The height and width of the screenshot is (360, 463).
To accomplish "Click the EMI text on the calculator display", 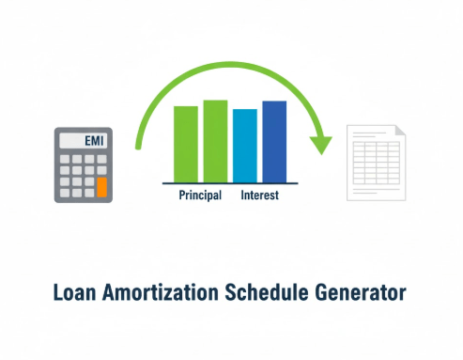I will [94, 141].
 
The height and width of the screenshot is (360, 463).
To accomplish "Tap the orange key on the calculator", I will [101, 186].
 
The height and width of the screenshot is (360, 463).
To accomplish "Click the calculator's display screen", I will [83, 141].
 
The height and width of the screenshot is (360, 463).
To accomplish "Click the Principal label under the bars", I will [199, 196].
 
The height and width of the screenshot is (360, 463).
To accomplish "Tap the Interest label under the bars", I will [259, 196].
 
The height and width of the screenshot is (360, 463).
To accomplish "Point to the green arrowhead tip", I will [322, 152].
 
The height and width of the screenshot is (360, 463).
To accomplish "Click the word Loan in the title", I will [78, 292].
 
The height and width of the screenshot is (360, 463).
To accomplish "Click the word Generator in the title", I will [362, 292].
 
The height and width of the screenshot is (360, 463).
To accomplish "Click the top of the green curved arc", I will [230, 64].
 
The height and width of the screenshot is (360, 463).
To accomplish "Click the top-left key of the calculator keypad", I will [65, 160].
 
